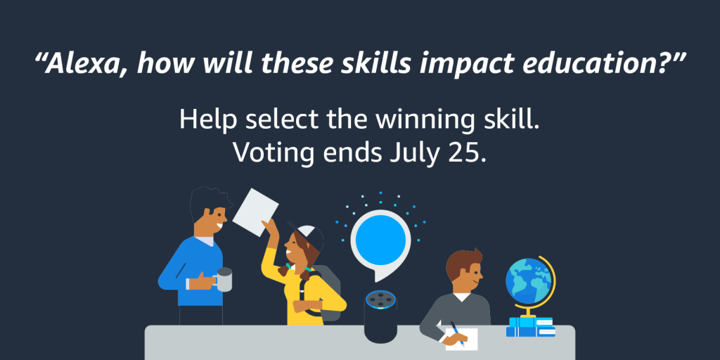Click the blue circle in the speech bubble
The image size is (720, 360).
click(380, 240)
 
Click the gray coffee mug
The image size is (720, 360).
click(224, 279)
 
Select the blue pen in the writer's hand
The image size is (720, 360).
click(455, 330)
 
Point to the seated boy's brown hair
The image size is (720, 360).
click(461, 262)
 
